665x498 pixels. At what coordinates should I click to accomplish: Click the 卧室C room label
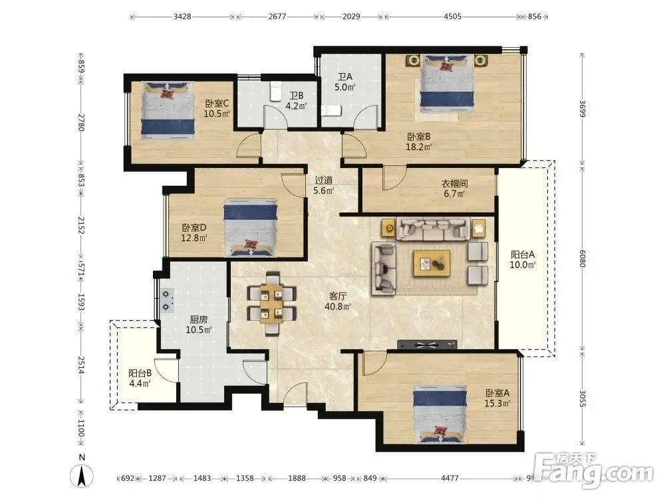coord(217,104)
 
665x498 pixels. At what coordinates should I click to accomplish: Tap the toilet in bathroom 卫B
coord(276,91)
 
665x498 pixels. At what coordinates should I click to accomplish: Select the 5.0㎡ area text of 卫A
coord(344,87)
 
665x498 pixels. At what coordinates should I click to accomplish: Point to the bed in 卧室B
coord(447,82)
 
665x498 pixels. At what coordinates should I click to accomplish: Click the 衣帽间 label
coord(455,184)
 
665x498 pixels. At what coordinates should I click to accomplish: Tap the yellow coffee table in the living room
coord(432,264)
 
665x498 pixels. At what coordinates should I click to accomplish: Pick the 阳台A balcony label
coord(523,254)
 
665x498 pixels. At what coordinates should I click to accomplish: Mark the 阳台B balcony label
coord(140,373)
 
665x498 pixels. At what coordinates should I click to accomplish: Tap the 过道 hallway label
coord(324,181)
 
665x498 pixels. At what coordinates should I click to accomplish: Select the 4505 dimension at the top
coord(452,17)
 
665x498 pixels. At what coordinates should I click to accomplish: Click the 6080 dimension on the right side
coord(583,258)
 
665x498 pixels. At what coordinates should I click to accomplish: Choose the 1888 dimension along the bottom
coord(297,478)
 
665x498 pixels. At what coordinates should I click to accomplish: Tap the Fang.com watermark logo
coord(594,471)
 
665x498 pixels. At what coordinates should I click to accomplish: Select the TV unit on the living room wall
coord(427,345)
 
